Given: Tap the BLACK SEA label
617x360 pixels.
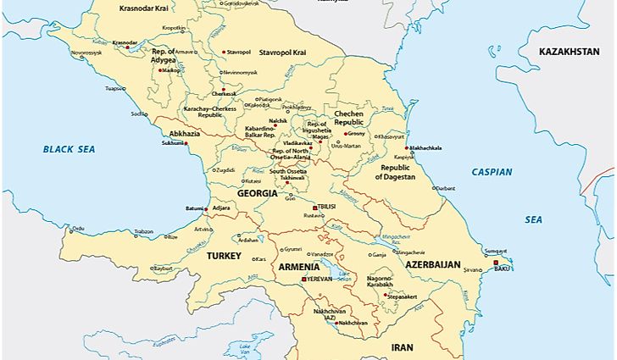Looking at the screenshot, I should click(69, 149).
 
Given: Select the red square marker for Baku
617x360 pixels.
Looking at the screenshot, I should click(497, 263).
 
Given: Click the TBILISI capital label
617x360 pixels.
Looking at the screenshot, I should click(326, 207).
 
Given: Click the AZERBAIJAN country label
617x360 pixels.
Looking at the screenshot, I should click(432, 265).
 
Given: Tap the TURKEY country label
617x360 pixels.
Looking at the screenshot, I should click(225, 255).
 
